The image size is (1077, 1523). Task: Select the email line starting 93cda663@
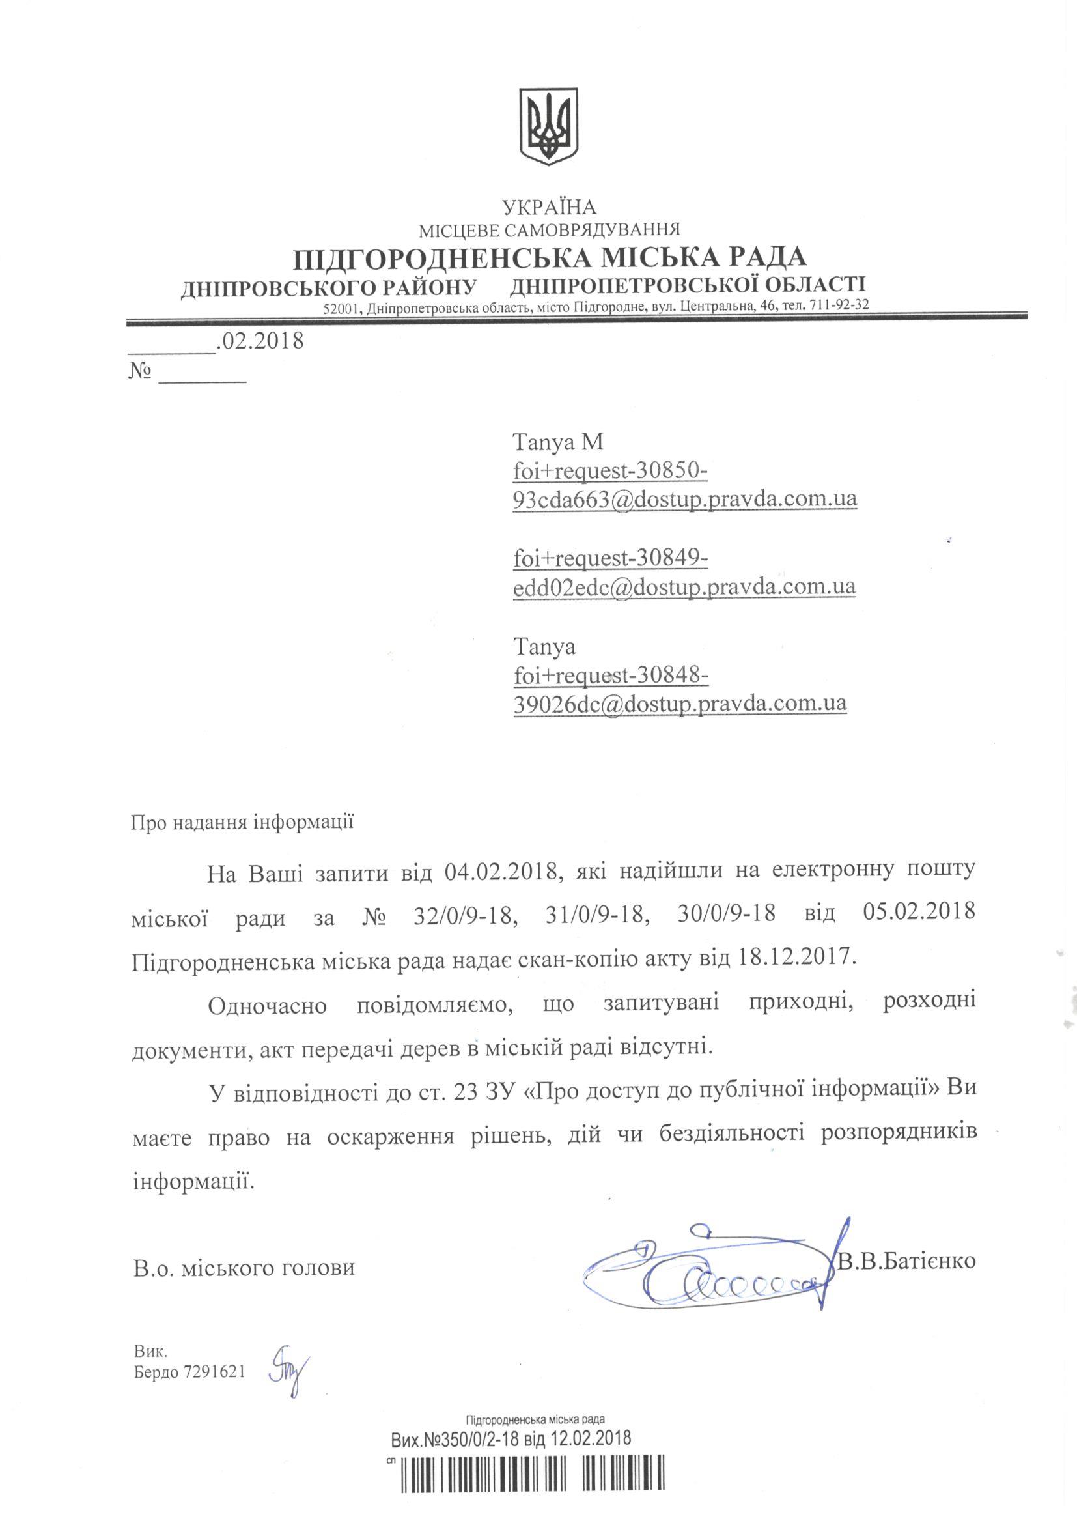(x=685, y=498)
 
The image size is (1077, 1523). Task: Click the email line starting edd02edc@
(x=684, y=586)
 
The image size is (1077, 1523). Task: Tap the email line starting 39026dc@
(x=680, y=702)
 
